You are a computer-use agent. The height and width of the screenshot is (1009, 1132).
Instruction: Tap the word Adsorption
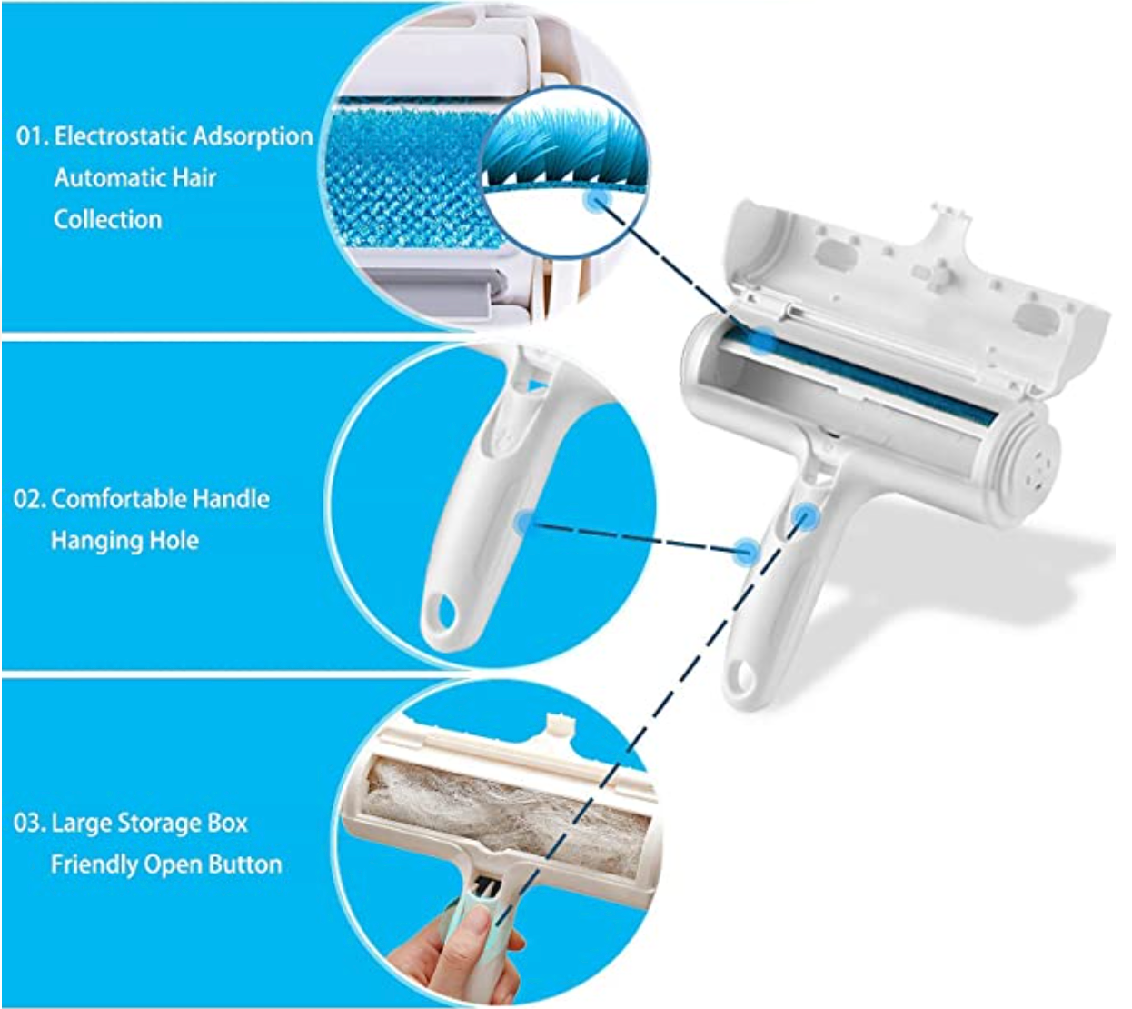[x=252, y=137]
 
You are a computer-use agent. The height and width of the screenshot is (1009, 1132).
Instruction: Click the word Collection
[x=108, y=219]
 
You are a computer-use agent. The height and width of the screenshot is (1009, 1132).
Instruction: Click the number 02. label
[x=29, y=499]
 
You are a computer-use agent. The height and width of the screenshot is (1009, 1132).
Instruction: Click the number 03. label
[x=29, y=823]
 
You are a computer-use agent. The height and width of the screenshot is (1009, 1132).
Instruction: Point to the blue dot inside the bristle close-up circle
[x=597, y=200]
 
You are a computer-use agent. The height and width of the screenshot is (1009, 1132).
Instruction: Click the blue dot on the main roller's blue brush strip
[x=762, y=339]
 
